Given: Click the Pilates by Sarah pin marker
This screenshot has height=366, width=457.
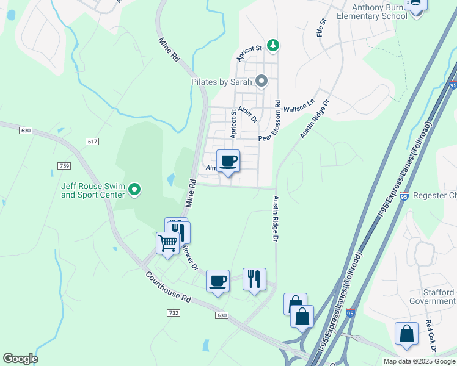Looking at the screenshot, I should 262,81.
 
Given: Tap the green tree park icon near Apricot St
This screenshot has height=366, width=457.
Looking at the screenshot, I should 274,45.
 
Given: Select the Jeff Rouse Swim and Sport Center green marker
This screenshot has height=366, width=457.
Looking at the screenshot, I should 136,191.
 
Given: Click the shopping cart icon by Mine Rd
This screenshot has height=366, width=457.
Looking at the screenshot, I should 167,242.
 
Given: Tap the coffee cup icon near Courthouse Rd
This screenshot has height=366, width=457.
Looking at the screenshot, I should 218,281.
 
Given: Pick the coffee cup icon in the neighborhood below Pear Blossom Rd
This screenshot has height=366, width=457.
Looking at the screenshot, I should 228,160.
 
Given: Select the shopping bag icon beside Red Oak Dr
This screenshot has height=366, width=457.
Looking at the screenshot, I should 406,334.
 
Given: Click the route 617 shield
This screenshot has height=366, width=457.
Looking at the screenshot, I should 92,142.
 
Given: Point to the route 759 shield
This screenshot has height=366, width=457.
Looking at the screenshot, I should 64,165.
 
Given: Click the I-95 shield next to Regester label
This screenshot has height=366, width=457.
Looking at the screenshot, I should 404,196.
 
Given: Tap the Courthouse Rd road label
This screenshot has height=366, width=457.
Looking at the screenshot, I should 170,286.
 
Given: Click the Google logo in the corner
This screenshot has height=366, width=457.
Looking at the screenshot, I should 20,359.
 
